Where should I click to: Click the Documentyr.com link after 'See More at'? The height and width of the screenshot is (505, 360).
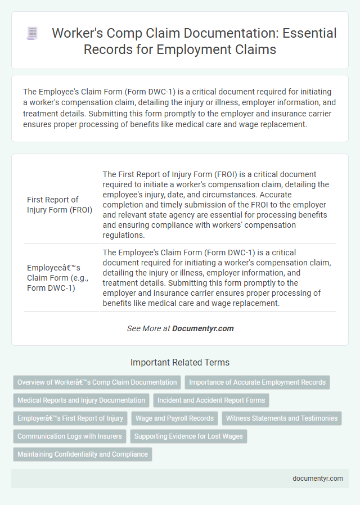pyautogui.click(x=203, y=328)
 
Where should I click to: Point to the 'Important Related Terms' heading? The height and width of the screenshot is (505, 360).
pyautogui.click(x=180, y=363)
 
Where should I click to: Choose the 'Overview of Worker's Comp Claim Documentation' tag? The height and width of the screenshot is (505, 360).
pyautogui.click(x=97, y=382)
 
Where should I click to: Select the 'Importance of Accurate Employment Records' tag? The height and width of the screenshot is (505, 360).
pyautogui.click(x=257, y=382)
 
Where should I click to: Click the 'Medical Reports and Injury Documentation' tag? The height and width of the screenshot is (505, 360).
pyautogui.click(x=81, y=400)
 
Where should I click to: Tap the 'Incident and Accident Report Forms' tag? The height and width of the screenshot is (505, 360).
pyautogui.click(x=211, y=400)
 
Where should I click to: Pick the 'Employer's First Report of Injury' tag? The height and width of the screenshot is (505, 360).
pyautogui.click(x=70, y=418)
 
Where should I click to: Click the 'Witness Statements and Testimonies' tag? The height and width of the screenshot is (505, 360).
pyautogui.click(x=282, y=418)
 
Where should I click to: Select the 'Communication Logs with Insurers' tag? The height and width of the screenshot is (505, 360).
pyautogui.click(x=70, y=436)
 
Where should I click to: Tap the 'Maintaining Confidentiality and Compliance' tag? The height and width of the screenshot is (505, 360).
pyautogui.click(x=82, y=454)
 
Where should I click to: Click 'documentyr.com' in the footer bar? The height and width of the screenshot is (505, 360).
pyautogui.click(x=318, y=479)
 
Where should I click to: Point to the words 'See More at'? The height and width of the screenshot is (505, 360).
pyautogui.click(x=148, y=328)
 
